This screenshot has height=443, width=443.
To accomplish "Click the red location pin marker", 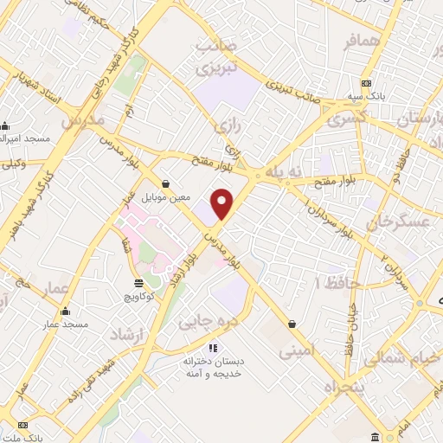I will click(223, 203).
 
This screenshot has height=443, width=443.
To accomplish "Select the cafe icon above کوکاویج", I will click(138, 283).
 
